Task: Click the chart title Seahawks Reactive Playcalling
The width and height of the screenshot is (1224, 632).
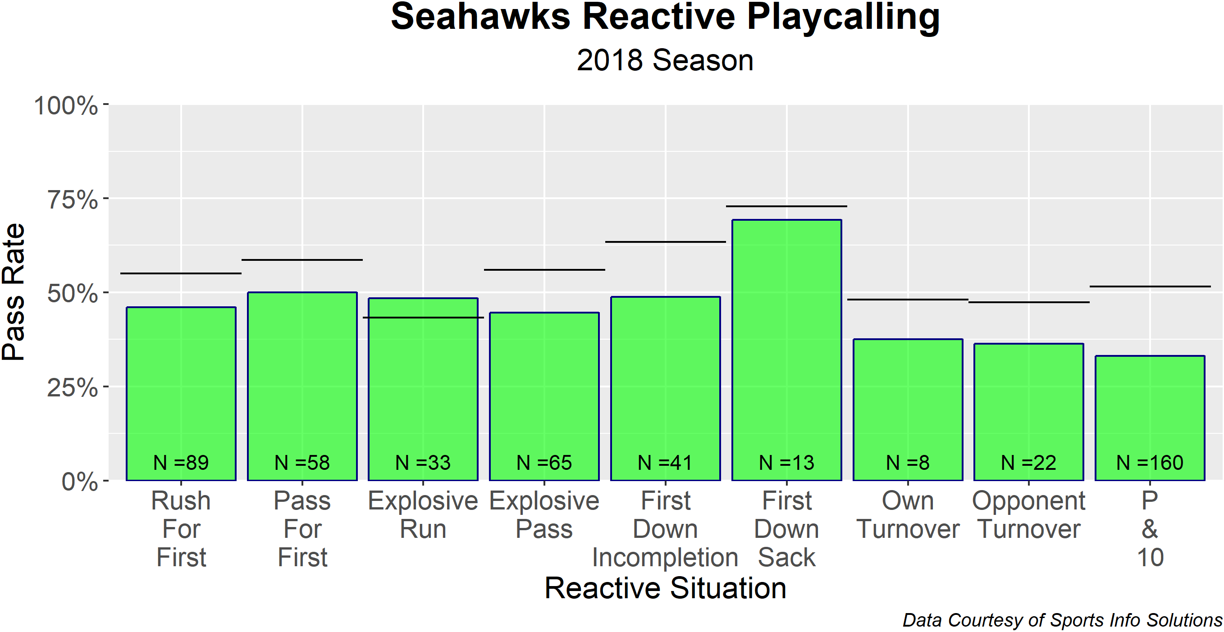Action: point(665,17)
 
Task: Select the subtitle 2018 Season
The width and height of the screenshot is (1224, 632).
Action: point(665,61)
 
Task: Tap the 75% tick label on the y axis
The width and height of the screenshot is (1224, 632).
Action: point(72,200)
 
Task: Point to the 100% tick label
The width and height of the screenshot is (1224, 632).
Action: point(66,105)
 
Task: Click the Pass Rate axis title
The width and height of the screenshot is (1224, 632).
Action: point(14,291)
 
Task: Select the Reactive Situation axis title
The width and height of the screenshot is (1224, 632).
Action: point(665,588)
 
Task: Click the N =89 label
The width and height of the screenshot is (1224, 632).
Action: point(181,463)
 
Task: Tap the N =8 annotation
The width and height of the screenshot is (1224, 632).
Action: point(908,463)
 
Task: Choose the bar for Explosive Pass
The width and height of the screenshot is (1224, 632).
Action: point(544,389)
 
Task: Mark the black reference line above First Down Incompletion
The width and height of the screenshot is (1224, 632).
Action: point(665,242)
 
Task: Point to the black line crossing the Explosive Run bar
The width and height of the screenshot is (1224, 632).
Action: point(423,318)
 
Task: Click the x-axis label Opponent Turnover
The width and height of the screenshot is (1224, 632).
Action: point(1029,515)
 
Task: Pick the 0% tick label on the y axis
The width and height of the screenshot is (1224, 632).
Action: point(79,482)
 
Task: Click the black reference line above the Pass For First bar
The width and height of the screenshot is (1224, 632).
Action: point(302,260)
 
